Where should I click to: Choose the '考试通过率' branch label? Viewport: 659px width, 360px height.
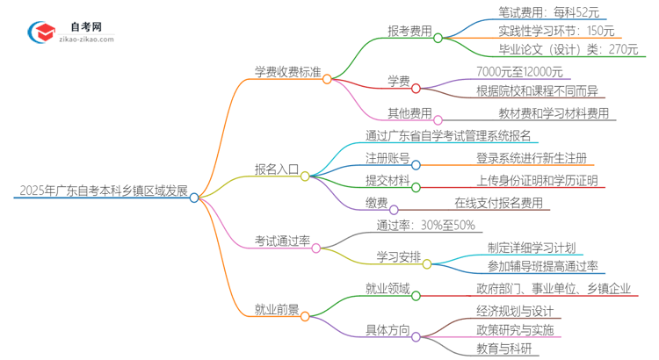coord(281,240)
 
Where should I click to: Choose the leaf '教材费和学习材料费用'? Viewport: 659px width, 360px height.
coord(548,113)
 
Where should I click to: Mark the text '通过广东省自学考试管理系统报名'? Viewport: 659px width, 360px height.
coord(448,136)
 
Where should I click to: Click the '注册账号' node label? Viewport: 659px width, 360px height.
coord(387,158)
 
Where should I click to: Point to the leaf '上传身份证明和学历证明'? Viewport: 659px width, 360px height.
coord(537,181)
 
